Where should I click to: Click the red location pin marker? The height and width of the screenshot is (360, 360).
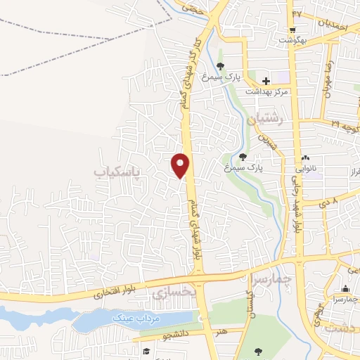181,165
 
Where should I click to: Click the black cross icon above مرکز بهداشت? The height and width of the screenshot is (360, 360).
266,81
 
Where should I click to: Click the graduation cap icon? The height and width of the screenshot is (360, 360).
146,352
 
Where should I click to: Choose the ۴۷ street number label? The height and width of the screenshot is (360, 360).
297,13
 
